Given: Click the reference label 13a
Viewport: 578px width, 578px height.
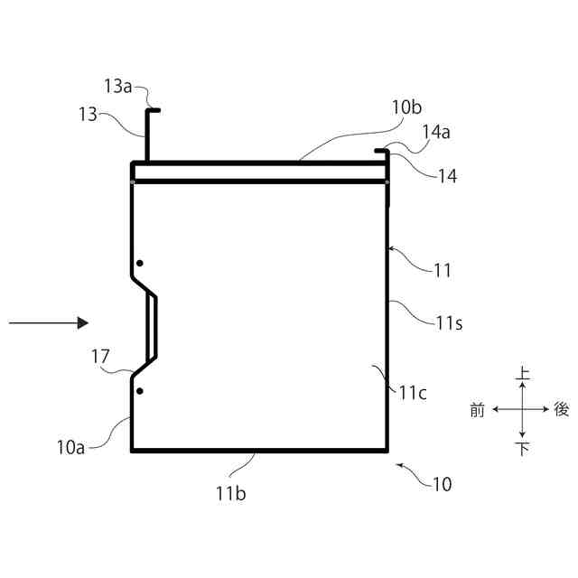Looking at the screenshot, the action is pos(118,87).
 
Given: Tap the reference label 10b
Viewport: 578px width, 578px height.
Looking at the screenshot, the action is pos(406,107).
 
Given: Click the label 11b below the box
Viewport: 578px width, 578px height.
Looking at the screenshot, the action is pos(232,493).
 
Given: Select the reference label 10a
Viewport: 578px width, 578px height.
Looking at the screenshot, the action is pos(71,445).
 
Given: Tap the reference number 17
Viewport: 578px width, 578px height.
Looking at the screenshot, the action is pos(100,358).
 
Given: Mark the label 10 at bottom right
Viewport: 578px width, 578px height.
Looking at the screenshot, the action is pos(442,484).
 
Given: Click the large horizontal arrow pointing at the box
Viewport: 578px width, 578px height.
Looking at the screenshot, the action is pos(49,322).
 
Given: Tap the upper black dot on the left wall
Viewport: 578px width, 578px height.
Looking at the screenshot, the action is pos(139,263).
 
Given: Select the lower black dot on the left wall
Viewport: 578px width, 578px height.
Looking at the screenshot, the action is pos(139,391).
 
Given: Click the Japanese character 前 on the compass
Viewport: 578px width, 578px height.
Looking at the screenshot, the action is pos(478,410).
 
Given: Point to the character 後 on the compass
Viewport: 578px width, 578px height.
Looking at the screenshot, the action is pos(561,410).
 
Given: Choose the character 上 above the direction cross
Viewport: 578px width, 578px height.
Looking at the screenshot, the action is pos(522,372).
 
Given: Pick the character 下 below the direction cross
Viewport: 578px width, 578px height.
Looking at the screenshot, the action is pos(522,448).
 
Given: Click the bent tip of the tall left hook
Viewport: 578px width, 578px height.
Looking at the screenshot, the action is pos(154,111).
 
